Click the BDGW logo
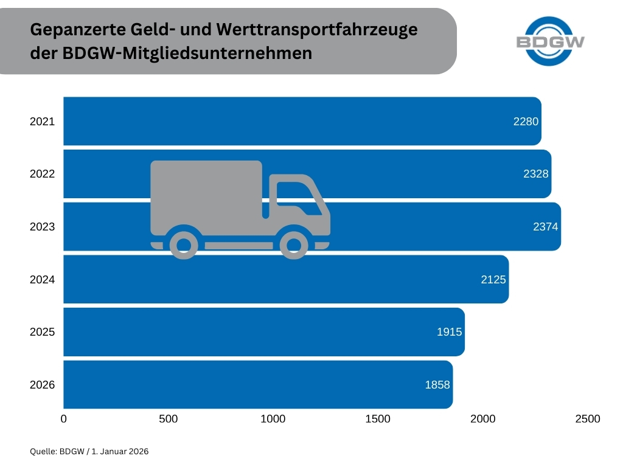550,41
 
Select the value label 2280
526,121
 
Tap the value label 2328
536,174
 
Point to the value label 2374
545,227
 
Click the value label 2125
493,280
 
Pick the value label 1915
449,332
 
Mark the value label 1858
437,385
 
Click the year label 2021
42,122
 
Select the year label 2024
42,280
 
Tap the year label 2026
42,385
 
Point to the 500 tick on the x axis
168,419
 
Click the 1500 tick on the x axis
378,419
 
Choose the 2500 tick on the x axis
587,419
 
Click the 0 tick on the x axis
64,419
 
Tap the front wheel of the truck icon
293,244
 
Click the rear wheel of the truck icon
184,244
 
